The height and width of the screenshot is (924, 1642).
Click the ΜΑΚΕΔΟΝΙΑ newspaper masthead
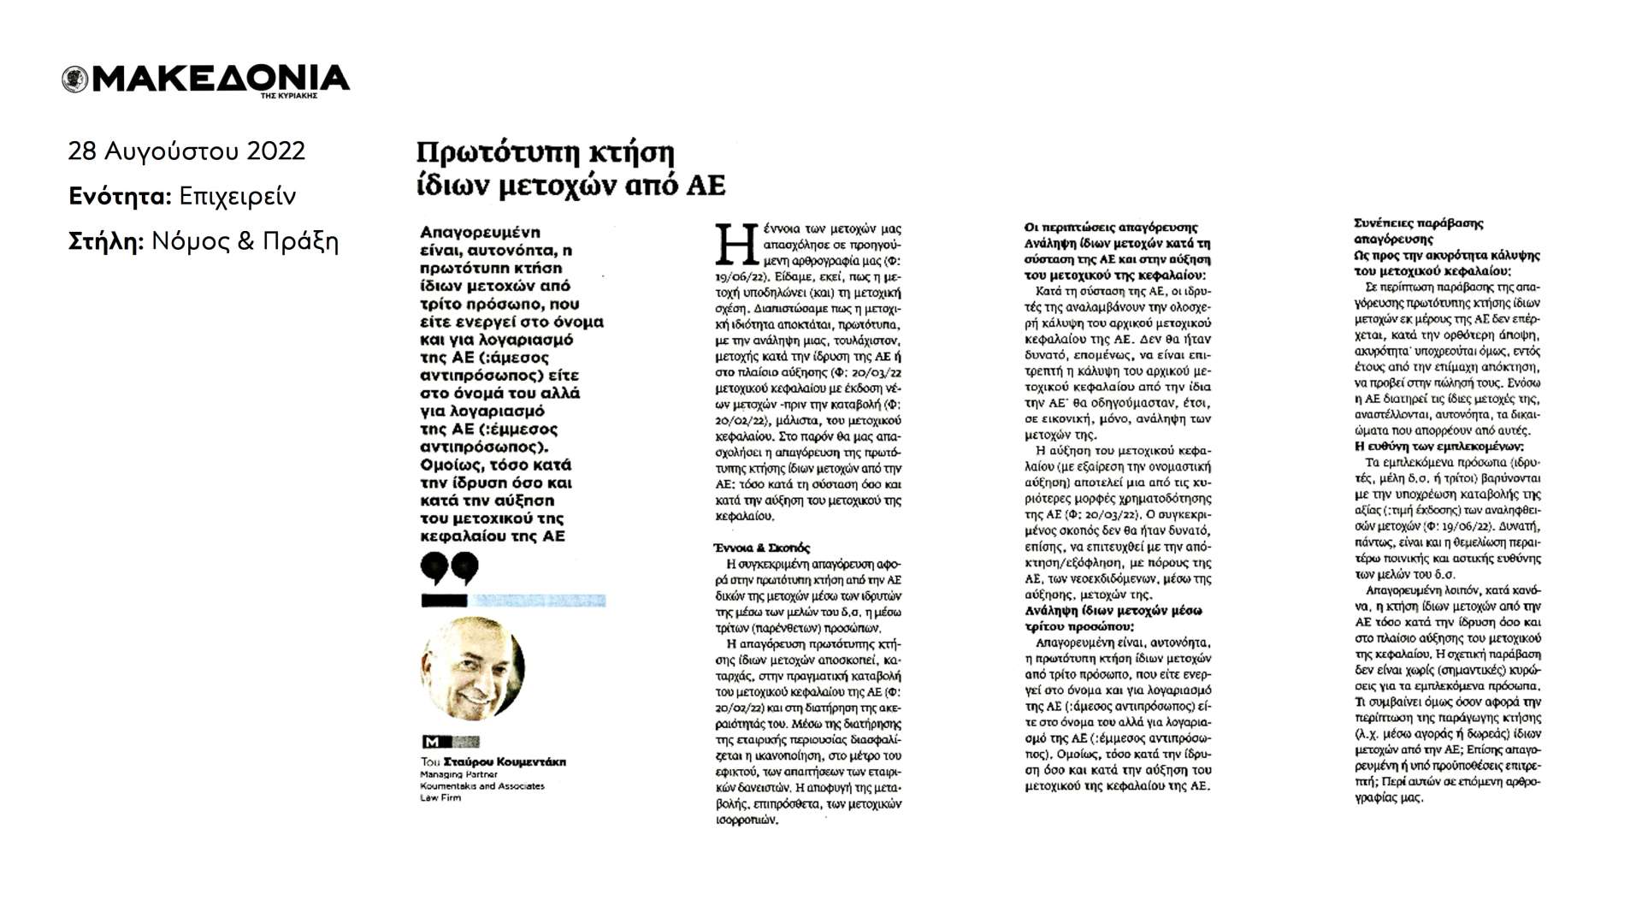(x=221, y=79)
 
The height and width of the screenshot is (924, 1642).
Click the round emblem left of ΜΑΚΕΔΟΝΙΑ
(x=75, y=80)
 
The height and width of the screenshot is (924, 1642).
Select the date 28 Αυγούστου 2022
(x=186, y=151)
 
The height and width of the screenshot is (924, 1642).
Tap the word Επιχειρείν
(x=237, y=197)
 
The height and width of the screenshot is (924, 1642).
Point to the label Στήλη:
(x=106, y=242)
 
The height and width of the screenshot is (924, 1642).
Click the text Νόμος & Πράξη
(x=245, y=242)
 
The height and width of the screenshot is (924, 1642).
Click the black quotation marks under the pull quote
(x=449, y=568)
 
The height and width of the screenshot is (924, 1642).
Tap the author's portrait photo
(x=473, y=668)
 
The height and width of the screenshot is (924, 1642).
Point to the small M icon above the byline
(x=431, y=742)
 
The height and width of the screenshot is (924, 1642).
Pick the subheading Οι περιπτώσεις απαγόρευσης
(x=1111, y=228)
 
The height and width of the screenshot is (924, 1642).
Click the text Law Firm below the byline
(x=440, y=797)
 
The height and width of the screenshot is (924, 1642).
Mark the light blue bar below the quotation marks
(x=538, y=601)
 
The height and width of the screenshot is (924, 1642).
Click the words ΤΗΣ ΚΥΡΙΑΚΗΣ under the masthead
(x=289, y=96)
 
